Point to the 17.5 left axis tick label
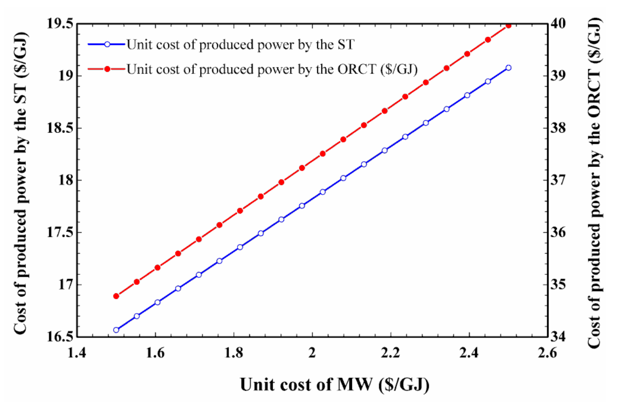pyautogui.click(x=60, y=232)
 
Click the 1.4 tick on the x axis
pyautogui.click(x=77, y=353)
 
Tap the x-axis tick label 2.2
pyautogui.click(x=391, y=353)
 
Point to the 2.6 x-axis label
pyautogui.click(x=547, y=353)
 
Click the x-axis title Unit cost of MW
pyautogui.click(x=334, y=385)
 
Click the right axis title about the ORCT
pyautogui.click(x=595, y=183)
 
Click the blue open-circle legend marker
pyautogui.click(x=107, y=44)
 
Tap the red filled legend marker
pyautogui.click(x=107, y=69)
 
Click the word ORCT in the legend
pyautogui.click(x=357, y=69)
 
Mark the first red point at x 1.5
pyautogui.click(x=116, y=296)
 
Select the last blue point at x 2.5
pyautogui.click(x=508, y=68)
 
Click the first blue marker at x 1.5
pyautogui.click(x=116, y=330)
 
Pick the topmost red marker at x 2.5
pyautogui.click(x=508, y=26)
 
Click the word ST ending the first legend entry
pyautogui.click(x=346, y=44)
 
